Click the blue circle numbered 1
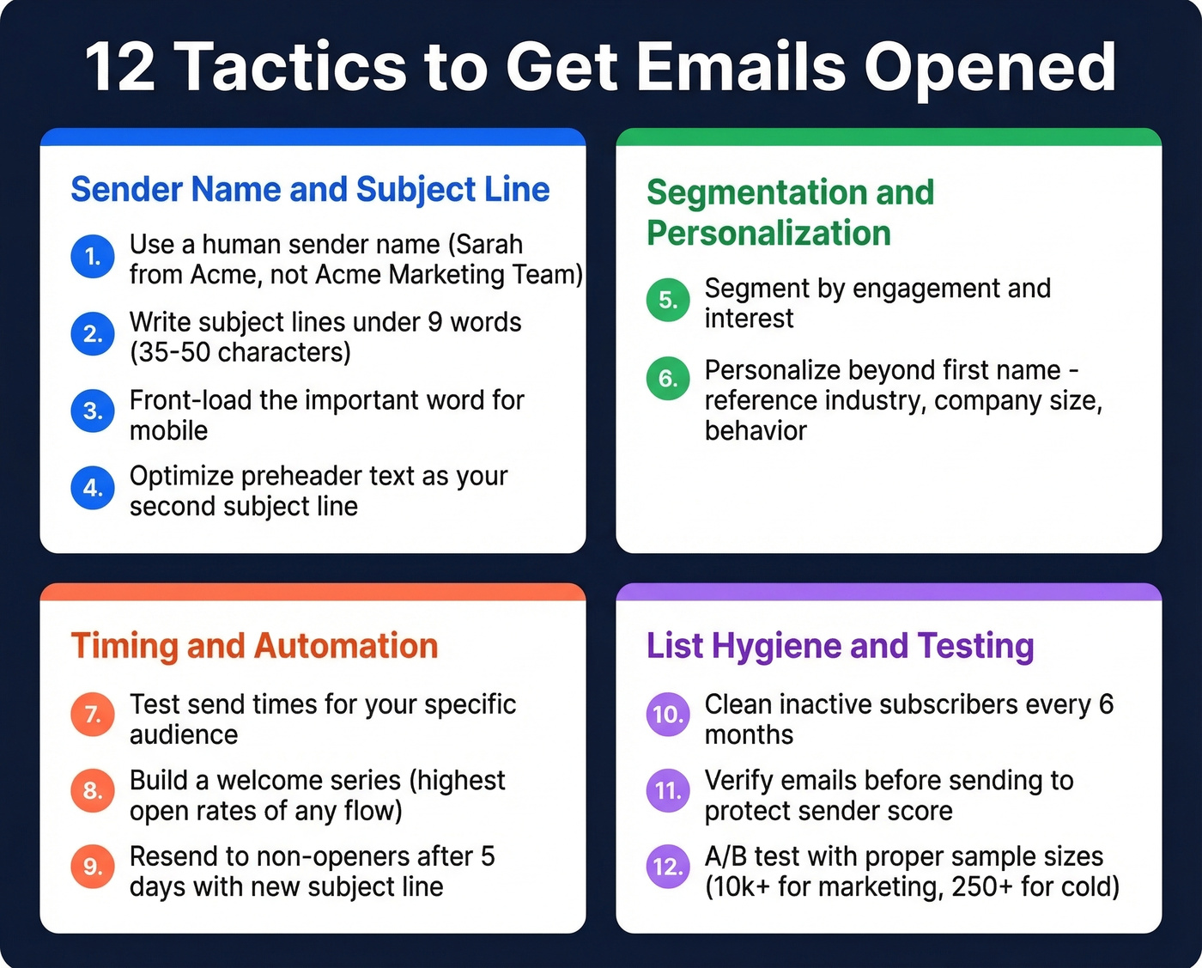pos(93,257)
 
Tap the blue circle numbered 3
pos(93,411)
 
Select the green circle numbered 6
pos(668,378)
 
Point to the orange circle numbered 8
pos(93,790)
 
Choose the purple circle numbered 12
pos(668,866)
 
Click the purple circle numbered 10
pos(668,714)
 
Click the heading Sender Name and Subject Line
pos(310,190)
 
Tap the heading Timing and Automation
pos(254,646)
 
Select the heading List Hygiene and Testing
pos(840,646)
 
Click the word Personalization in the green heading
pos(768,234)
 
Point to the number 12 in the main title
pos(120,67)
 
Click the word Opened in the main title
pos(989,67)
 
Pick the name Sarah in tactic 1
pos(486,245)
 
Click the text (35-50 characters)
pos(240,352)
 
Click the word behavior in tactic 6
pos(756,430)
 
